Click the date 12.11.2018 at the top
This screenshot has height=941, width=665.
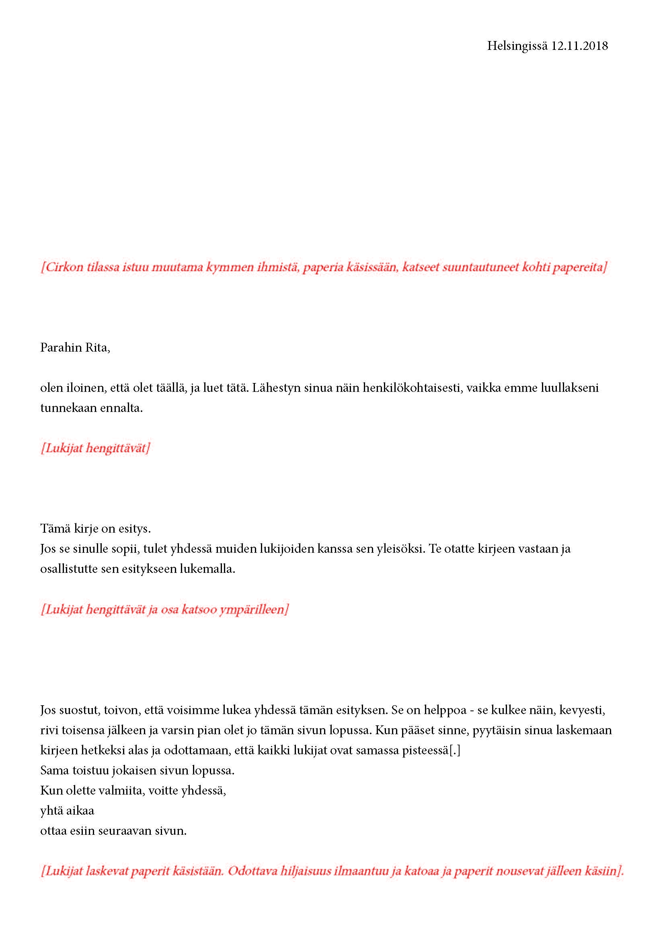tap(579, 46)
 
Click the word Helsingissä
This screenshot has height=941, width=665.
tap(517, 46)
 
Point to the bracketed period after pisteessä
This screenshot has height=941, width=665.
tap(455, 750)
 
